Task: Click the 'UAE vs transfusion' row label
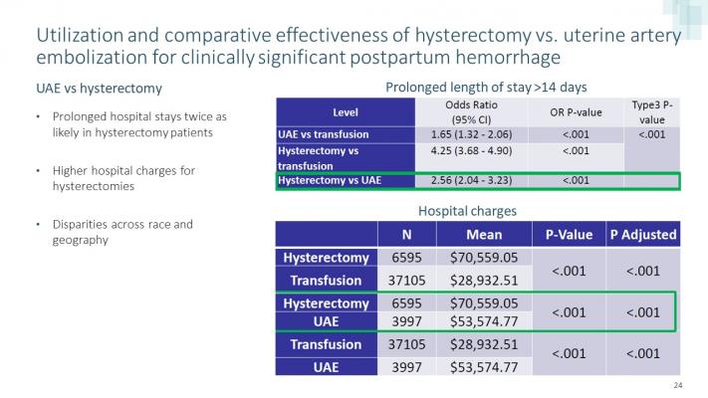click(324, 134)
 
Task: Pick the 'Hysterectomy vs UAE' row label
click(329, 180)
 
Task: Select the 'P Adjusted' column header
click(642, 234)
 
